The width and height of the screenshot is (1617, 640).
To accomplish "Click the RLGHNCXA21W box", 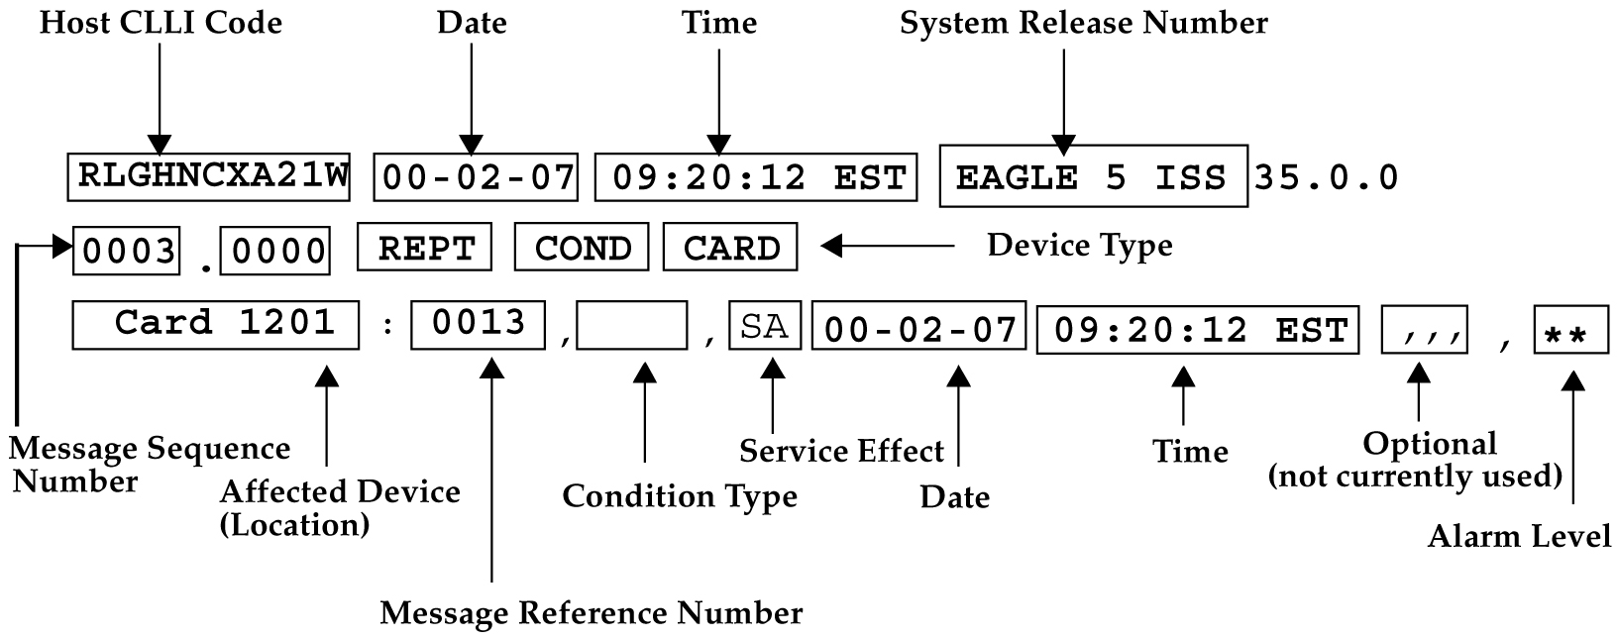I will click(209, 177).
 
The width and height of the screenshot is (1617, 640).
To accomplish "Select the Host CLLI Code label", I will click(161, 23).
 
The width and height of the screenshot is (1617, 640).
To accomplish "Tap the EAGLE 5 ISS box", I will click(1092, 177).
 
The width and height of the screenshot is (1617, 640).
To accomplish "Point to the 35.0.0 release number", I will click(1326, 177).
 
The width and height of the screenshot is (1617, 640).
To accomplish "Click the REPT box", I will click(424, 248).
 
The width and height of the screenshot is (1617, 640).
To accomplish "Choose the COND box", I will click(582, 248).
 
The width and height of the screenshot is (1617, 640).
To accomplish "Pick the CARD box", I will click(730, 248).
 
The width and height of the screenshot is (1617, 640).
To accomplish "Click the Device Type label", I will click(1079, 245).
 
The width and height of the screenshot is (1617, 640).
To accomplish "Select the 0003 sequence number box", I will click(128, 252).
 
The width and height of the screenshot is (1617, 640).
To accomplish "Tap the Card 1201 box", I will click(216, 324).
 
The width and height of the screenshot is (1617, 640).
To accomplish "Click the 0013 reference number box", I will click(478, 324).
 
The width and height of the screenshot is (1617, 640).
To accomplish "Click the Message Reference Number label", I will click(591, 613).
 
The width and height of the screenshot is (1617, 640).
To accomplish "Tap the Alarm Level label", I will click(1519, 537).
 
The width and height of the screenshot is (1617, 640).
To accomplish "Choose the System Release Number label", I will click(1083, 23).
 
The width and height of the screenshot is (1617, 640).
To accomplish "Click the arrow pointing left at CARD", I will click(887, 245).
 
